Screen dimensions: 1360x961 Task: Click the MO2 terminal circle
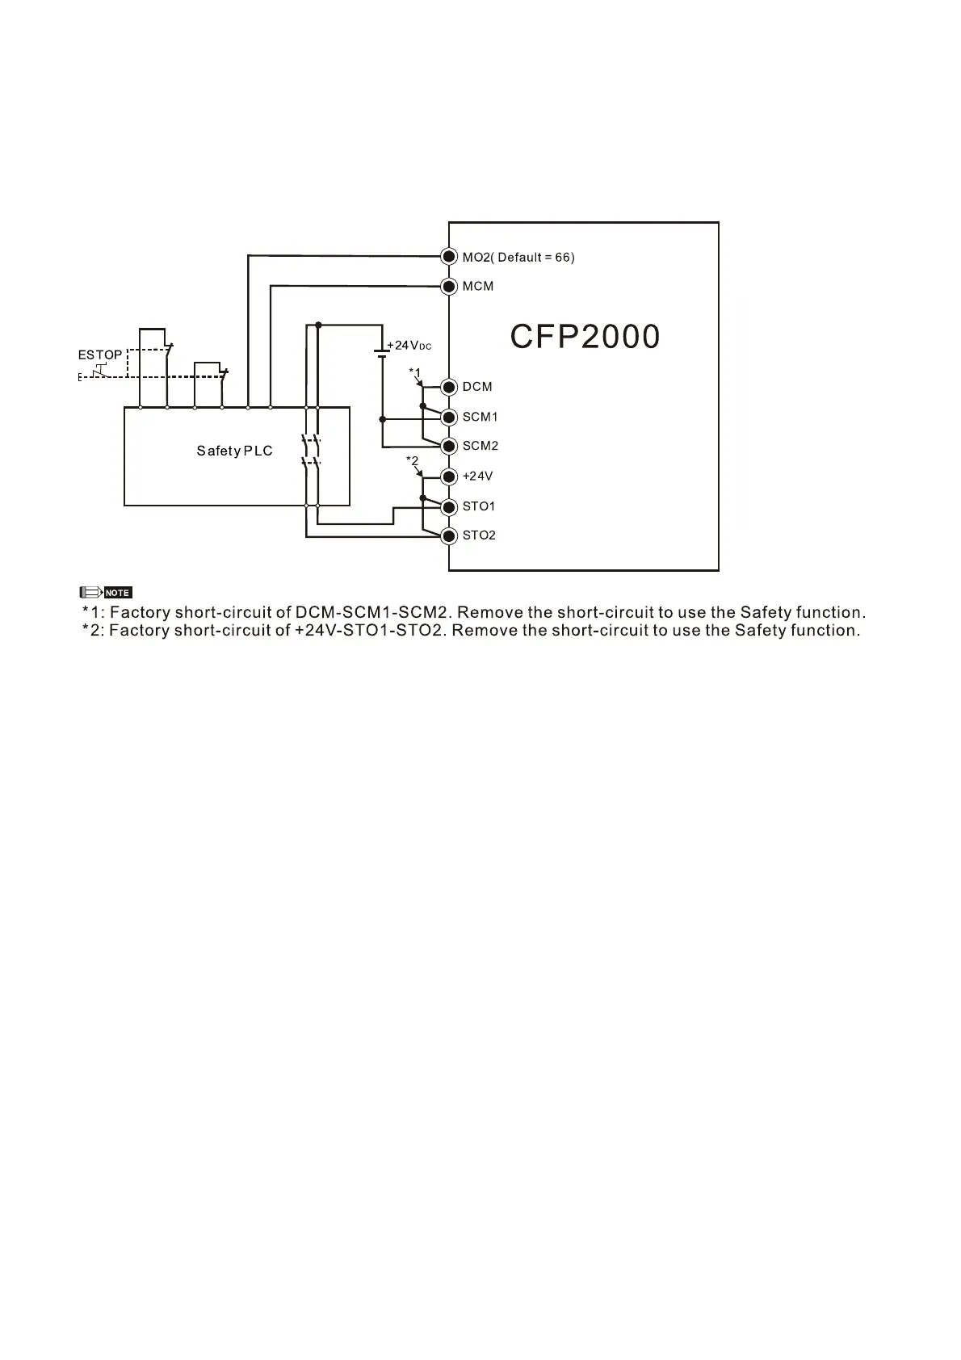tap(450, 257)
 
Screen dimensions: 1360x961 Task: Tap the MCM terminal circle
tap(450, 286)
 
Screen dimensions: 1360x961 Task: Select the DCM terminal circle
tap(450, 387)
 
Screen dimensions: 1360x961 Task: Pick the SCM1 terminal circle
tap(450, 417)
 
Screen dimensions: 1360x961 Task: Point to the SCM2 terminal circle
tap(450, 446)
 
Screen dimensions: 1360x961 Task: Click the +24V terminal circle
tap(450, 476)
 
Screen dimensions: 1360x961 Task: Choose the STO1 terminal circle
tap(450, 506)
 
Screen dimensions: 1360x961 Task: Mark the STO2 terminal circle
tap(450, 535)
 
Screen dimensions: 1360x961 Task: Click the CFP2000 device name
tap(585, 337)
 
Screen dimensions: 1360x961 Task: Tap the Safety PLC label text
tap(235, 451)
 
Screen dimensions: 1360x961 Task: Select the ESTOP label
tap(100, 355)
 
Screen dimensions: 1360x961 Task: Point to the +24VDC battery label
tap(409, 346)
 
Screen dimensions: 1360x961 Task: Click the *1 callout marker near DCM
tap(414, 372)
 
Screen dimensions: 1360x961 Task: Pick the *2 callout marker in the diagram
tap(412, 461)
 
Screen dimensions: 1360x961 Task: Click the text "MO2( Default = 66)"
tap(518, 257)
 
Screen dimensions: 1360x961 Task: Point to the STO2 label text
tap(479, 535)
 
